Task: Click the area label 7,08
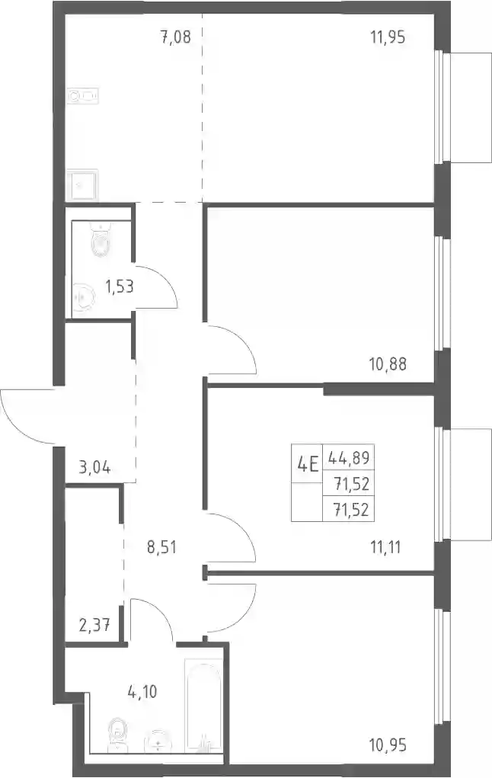(176, 37)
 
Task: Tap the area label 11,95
(388, 37)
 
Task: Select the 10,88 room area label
(388, 364)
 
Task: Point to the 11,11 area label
(385, 547)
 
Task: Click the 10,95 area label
(388, 744)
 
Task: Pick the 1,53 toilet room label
(119, 287)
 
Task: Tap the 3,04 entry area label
(94, 467)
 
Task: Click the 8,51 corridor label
(161, 548)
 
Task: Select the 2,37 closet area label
(94, 625)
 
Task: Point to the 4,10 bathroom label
(142, 691)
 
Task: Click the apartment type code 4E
(307, 466)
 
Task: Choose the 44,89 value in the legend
(349, 457)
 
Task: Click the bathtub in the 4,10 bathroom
(203, 704)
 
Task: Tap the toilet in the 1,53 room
(101, 239)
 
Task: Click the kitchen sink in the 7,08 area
(83, 95)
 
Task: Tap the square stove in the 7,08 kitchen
(83, 184)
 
